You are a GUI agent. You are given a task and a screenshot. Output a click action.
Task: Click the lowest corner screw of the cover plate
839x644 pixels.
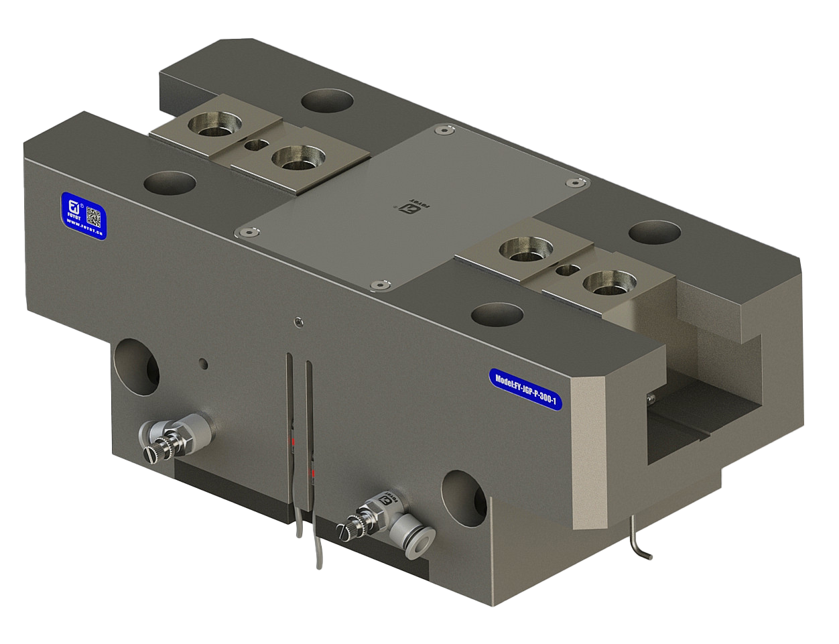(x=380, y=286)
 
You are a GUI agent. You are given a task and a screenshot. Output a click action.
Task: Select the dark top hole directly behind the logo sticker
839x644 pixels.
(x=169, y=182)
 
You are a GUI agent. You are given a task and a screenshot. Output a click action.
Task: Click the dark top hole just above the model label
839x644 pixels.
(x=497, y=313)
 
